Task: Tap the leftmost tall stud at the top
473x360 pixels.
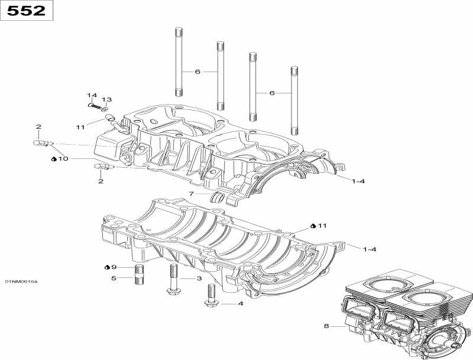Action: [178, 61]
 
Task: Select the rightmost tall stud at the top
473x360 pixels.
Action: [293, 101]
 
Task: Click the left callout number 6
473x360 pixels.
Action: [197, 72]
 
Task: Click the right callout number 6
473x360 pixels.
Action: [272, 93]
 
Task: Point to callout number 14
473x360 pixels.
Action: [92, 95]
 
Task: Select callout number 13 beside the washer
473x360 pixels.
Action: [106, 99]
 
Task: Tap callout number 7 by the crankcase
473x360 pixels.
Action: [191, 194]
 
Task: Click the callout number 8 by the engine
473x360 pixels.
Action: [325, 326]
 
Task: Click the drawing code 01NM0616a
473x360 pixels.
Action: [21, 281]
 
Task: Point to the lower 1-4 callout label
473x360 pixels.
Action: [368, 249]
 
